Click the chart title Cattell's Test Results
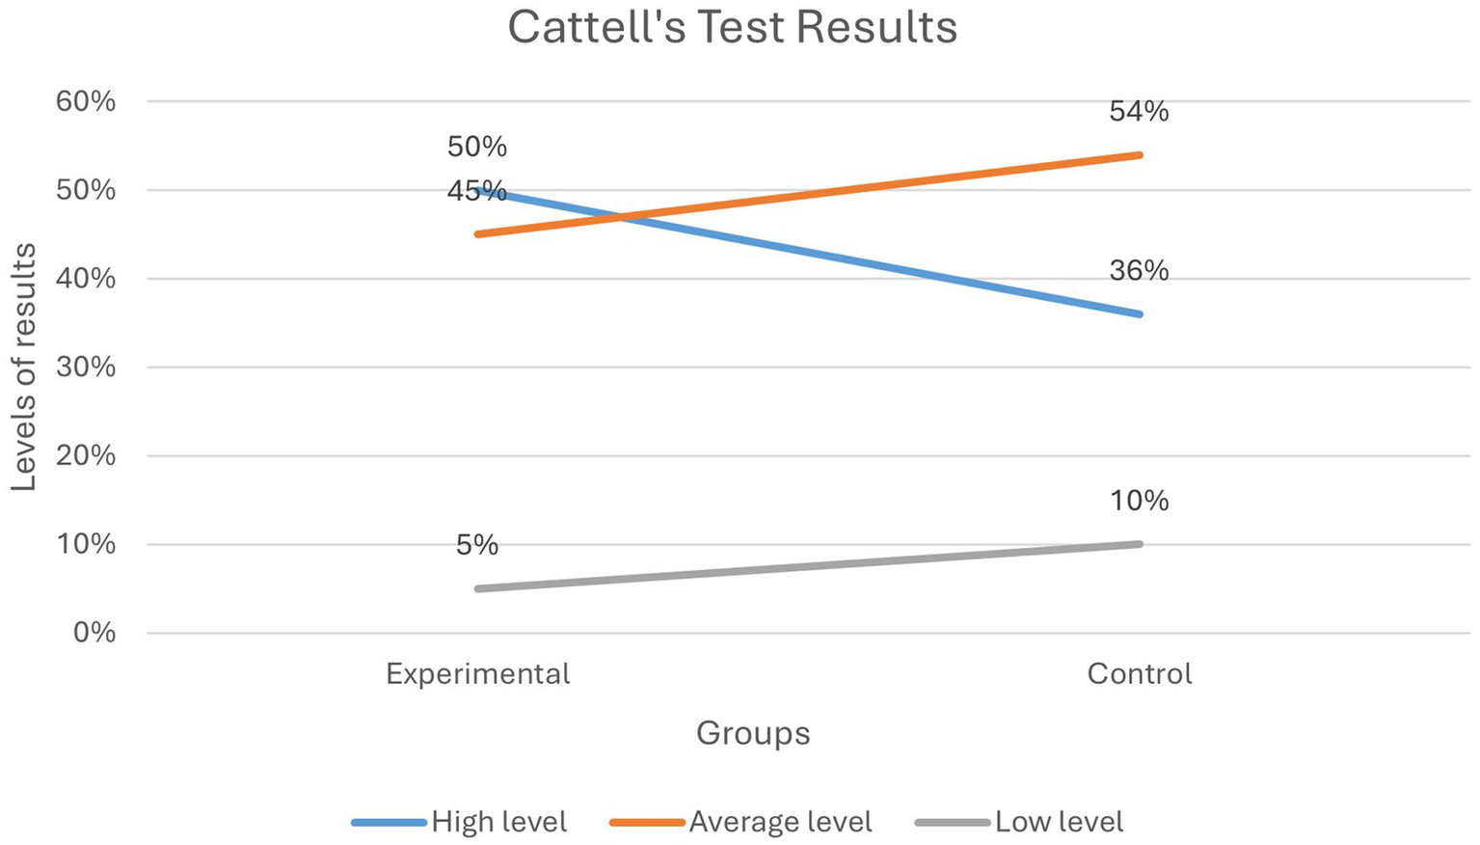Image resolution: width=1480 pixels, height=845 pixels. (732, 27)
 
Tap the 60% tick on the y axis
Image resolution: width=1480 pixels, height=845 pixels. (86, 101)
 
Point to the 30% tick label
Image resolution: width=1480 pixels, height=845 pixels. (86, 368)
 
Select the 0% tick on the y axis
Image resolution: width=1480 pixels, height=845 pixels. (93, 633)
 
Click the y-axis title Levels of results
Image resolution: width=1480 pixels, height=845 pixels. (24, 368)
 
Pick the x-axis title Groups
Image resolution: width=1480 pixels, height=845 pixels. (753, 733)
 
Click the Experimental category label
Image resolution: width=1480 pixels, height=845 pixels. (477, 673)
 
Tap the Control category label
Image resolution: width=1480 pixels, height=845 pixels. (1139, 673)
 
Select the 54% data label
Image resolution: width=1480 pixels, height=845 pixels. (1139, 112)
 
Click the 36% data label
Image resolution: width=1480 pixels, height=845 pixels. (1139, 271)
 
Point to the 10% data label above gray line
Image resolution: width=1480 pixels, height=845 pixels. (1139, 501)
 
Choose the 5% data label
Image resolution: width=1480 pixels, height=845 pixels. (477, 546)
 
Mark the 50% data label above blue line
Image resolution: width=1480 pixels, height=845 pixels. (477, 147)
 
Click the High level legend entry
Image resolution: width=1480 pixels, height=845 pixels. (498, 822)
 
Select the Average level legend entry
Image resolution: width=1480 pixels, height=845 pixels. (780, 822)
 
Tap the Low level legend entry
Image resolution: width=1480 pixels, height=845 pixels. (1059, 822)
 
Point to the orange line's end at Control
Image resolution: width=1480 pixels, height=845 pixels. (1140, 154)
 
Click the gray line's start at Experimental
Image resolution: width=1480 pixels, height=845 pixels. (477, 588)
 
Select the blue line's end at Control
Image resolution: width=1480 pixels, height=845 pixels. (1140, 314)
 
